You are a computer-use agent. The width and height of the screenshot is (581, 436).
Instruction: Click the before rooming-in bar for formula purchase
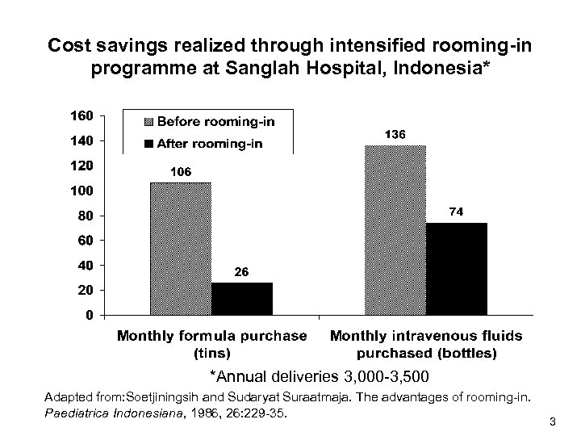click(181, 248)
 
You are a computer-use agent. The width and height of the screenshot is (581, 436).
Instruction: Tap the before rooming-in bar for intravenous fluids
click(395, 229)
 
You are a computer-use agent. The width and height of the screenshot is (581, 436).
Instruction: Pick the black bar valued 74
click(457, 268)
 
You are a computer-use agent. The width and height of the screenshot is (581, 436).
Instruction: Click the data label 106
click(180, 172)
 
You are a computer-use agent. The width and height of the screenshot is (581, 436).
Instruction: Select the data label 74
click(458, 212)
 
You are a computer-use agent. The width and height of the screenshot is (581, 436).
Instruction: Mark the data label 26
click(241, 272)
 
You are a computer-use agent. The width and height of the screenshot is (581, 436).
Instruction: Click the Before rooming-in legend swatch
click(148, 122)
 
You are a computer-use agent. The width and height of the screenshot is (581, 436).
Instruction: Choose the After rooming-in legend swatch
click(148, 145)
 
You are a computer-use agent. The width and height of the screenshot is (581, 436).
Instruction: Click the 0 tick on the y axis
click(90, 315)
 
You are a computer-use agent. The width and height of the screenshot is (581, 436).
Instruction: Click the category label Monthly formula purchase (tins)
click(212, 343)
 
